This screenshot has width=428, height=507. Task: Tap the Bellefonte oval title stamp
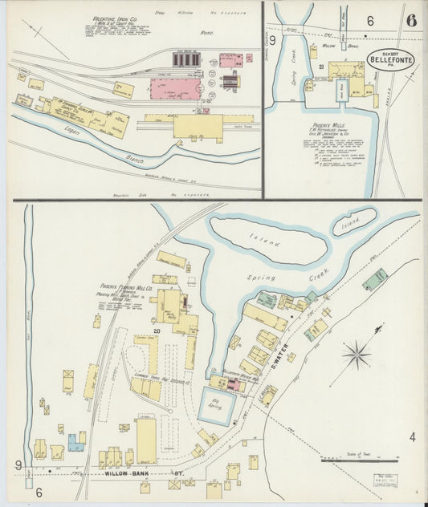tap(391, 59)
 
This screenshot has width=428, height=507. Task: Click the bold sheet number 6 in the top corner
tap(410, 21)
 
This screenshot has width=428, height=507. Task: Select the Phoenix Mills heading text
tap(328, 126)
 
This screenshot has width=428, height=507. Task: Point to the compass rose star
tap(358, 354)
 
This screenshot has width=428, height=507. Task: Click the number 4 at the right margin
tap(412, 436)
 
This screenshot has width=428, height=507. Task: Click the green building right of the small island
tap(374, 278)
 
